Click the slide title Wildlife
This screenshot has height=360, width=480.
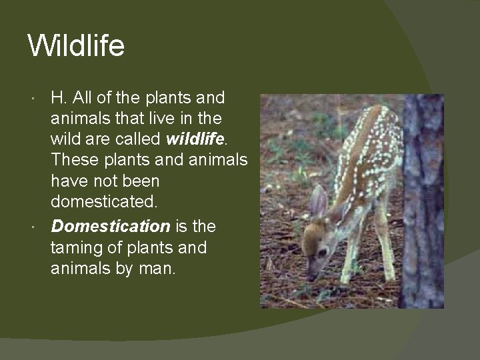(x=76, y=47)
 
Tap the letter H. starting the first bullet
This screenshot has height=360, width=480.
(x=59, y=98)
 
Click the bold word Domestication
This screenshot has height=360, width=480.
(x=111, y=226)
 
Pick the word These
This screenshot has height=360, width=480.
(x=73, y=162)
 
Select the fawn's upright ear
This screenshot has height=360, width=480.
(x=319, y=200)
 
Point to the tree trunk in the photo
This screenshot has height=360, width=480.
(x=424, y=200)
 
